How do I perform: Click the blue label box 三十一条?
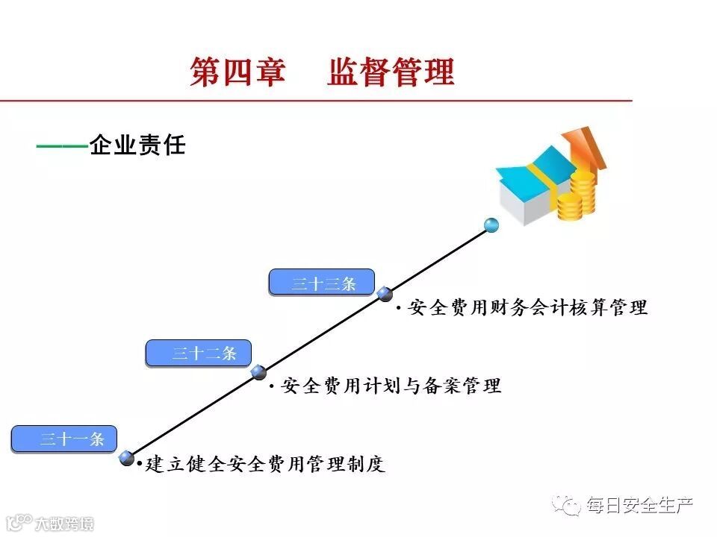point(63,439)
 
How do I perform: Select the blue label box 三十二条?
point(198,354)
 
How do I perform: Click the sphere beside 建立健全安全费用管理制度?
point(127,458)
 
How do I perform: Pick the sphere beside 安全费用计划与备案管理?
point(259,372)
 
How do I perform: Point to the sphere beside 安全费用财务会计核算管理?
point(385,294)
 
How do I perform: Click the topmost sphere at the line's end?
point(491,224)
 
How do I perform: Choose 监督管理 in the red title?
point(391,72)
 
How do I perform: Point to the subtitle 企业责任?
point(137,145)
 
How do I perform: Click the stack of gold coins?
point(577,195)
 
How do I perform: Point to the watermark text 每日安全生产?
point(640,506)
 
